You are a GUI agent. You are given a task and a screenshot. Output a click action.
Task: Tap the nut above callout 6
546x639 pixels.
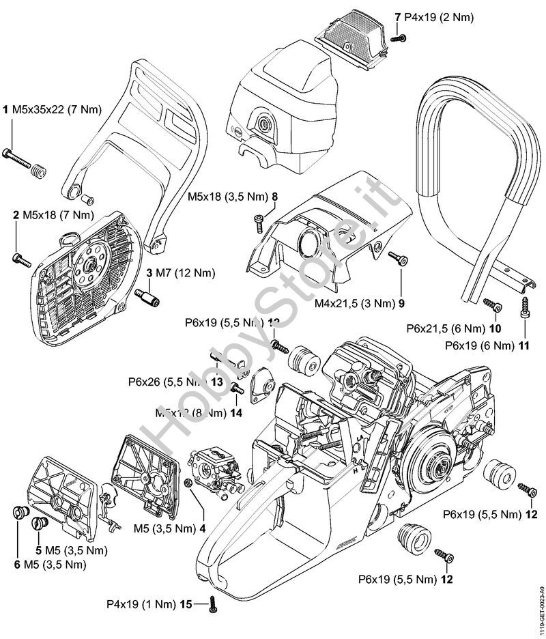coord(20,512)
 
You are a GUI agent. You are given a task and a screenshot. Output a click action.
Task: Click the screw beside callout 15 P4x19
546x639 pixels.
coord(214,602)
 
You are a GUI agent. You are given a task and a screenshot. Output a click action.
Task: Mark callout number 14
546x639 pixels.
coord(236,412)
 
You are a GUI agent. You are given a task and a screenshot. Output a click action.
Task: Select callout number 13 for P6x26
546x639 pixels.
coord(218,382)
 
